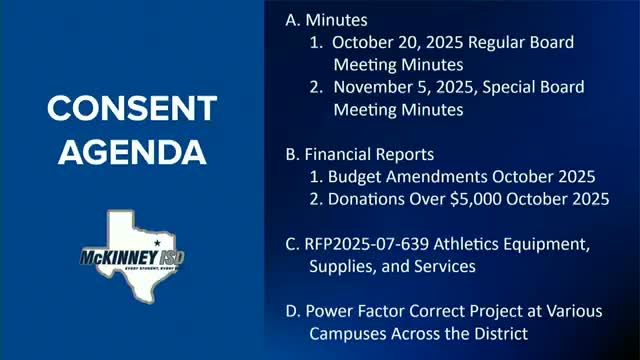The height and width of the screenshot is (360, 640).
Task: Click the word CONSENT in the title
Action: (x=132, y=108)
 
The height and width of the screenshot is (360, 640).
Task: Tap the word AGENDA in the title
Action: (x=132, y=152)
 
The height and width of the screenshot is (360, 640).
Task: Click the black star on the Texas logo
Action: (x=157, y=243)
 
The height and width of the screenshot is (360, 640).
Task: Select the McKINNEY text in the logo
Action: (x=119, y=258)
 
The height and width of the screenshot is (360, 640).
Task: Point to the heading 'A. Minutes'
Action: (x=326, y=20)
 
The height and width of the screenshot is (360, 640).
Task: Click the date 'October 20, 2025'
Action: (x=398, y=42)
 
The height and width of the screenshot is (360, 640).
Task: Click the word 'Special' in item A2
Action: (x=509, y=88)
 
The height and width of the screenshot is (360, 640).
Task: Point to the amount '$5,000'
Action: (x=476, y=199)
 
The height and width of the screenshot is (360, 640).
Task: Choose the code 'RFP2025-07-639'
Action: (x=367, y=244)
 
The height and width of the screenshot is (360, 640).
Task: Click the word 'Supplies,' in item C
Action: (x=343, y=267)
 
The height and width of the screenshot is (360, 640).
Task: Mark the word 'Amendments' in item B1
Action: (x=436, y=177)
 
